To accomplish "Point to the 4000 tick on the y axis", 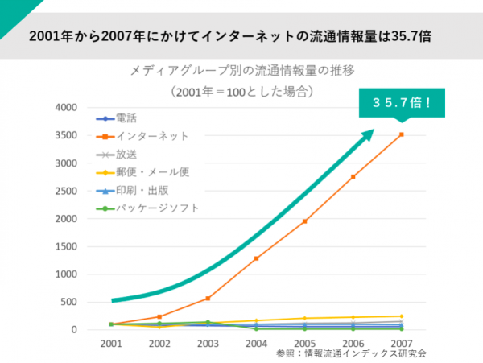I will point(66,108).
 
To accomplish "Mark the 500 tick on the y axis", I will point(69,302).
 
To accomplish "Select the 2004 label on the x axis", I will point(256,343).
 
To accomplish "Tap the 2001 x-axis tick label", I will point(111,343).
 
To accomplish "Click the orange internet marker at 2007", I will point(402,134).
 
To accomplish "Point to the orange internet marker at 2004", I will point(256,258).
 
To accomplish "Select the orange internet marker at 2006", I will point(353,177).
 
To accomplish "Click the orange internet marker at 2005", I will point(304,221).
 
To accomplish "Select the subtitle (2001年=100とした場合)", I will point(241,91).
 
